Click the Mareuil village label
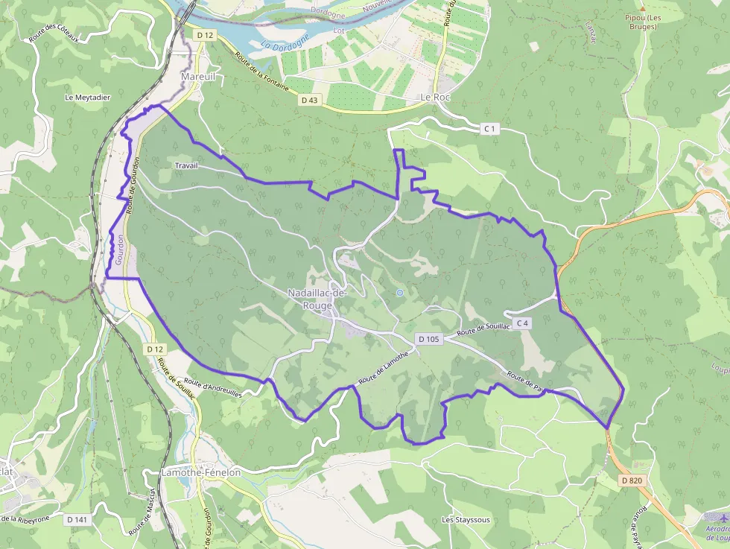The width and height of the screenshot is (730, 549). coord(197,77)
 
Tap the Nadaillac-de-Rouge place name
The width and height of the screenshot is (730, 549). coord(317,299)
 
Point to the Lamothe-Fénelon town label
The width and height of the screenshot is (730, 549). coord(202,473)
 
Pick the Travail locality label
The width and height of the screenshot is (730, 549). coord(186,165)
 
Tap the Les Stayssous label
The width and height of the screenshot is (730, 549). coord(466,520)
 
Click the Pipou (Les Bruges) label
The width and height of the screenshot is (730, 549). coord(643,22)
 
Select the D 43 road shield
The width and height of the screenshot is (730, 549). coord(309,100)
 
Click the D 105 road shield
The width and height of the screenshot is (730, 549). coord(430,339)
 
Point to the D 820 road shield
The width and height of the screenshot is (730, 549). coord(631,480)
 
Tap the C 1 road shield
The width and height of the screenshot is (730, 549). coord(489,129)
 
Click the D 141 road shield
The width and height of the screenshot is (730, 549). coord(77,519)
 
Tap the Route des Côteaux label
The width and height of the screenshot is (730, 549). coord(58,34)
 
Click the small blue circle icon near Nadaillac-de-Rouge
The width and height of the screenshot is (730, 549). coord(400,293)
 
